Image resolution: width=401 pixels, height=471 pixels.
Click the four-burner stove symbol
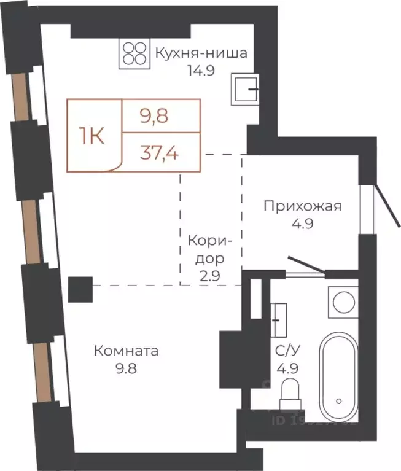tap(134, 53)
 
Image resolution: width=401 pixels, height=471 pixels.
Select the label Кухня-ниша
tap(201, 53)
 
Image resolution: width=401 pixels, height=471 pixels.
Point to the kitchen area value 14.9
tap(201, 69)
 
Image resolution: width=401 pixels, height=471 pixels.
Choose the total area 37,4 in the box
tap(160, 152)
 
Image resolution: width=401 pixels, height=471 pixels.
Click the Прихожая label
tap(302, 206)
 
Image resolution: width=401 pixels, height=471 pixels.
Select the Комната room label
tap(126, 351)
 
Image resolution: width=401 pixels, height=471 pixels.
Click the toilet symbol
tap(288, 393)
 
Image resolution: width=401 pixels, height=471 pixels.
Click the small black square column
tap(80, 289)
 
